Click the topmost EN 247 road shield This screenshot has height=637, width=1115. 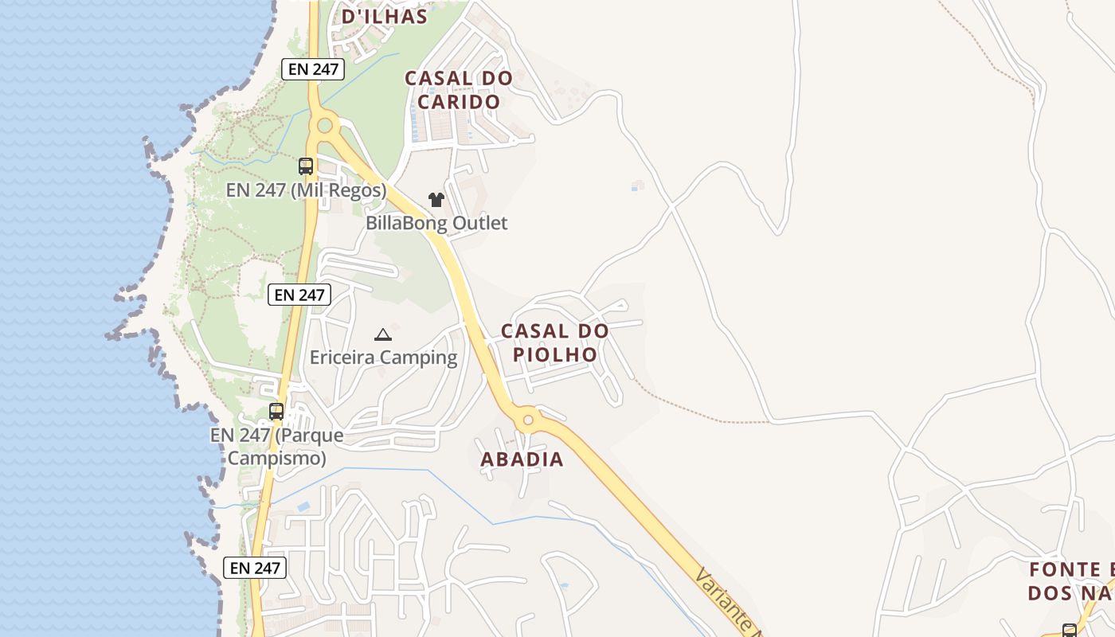coord(314,69)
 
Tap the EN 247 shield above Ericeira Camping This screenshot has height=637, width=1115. coord(299,295)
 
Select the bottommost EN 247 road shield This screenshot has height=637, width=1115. coord(255,568)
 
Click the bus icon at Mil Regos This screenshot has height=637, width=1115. coord(306,166)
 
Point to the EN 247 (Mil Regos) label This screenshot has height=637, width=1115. coord(306,191)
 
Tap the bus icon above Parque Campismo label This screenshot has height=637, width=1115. coord(276,412)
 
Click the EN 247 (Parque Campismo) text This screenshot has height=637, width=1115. coord(277,447)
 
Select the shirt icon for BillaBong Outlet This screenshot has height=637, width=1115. coord(436,199)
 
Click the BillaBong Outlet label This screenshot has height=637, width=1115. coord(436,223)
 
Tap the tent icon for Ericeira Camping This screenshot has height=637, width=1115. coord(383,334)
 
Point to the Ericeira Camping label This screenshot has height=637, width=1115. coord(384,358)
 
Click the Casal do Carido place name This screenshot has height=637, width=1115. coord(459,90)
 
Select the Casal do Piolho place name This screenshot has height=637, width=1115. coord(555,342)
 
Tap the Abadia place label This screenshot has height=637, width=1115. coord(522,459)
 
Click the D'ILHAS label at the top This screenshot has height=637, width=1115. coord(385,16)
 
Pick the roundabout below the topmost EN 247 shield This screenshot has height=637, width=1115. coord(324,125)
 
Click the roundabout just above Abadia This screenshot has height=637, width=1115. coord(527,420)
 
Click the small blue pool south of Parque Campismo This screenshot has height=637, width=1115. coord(303,506)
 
